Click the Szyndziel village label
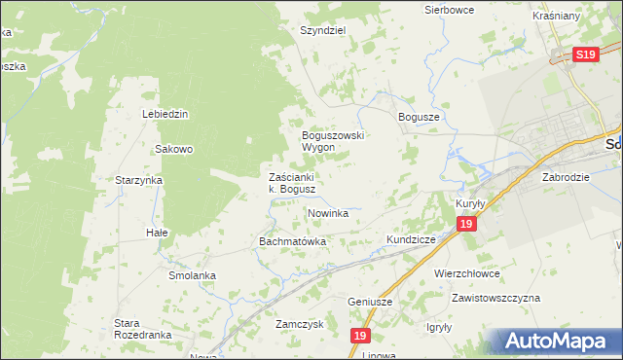pyautogui.click(x=323, y=30)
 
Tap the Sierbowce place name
pyautogui.click(x=448, y=10)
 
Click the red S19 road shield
pyautogui.click(x=584, y=55)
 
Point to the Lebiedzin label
pyautogui.click(x=165, y=114)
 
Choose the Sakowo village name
pyautogui.click(x=175, y=149)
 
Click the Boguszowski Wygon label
pyautogui.click(x=332, y=141)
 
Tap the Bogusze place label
pyautogui.click(x=421, y=117)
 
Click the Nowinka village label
pyautogui.click(x=328, y=213)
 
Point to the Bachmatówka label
pyautogui.click(x=292, y=240)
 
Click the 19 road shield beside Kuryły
pyautogui.click(x=466, y=225)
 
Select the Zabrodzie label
pyautogui.click(x=567, y=178)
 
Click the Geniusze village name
pyautogui.click(x=370, y=302)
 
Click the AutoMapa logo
pyautogui.click(x=556, y=342)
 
